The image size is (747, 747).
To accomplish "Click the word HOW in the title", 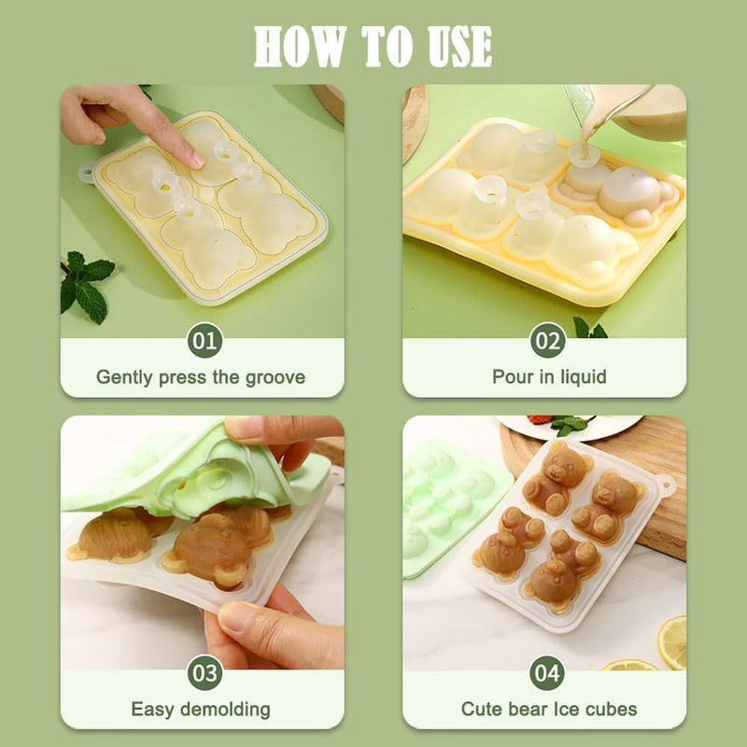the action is (x=300, y=46).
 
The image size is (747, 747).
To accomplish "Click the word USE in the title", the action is (x=459, y=46).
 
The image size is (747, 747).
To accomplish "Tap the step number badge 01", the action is (x=204, y=340).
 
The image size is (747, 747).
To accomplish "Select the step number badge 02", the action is (x=547, y=340).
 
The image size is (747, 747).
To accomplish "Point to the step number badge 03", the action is (x=204, y=672).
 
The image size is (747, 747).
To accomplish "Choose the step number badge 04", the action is (x=547, y=672).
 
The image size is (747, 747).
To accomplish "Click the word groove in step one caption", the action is (x=275, y=378).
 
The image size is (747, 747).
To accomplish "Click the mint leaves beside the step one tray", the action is (x=86, y=286).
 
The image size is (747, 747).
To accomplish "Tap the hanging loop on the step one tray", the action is (x=87, y=173).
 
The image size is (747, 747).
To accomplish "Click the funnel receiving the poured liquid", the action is (x=585, y=155).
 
